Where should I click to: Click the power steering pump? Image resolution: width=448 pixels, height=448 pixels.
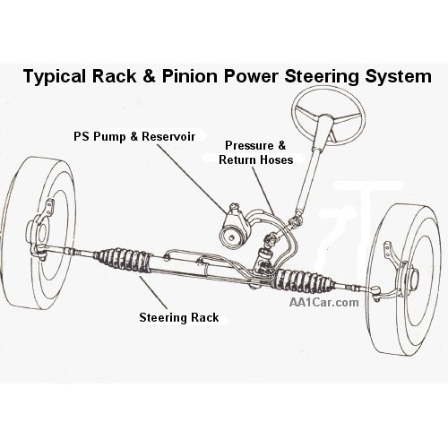pyautogui.click(x=234, y=226)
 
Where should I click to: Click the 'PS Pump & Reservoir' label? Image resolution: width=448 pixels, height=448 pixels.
pyautogui.click(x=134, y=136)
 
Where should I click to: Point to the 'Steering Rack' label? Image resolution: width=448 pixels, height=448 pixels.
pyautogui.click(x=179, y=317)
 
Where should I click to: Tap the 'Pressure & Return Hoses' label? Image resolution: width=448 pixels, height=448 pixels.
pyautogui.click(x=255, y=152)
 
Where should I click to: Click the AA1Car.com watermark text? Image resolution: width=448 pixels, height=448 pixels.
pyautogui.click(x=323, y=302)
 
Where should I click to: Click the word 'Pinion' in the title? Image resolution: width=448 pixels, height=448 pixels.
pyautogui.click(x=190, y=76)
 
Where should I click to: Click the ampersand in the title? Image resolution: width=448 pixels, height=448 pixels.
pyautogui.click(x=149, y=76)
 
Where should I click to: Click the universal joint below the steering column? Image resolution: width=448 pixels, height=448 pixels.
pyautogui.click(x=295, y=221)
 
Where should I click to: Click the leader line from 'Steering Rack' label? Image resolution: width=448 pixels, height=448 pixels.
pyautogui.click(x=152, y=292)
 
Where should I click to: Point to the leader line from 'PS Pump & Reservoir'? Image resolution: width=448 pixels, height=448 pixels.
pyautogui.click(x=192, y=179)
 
